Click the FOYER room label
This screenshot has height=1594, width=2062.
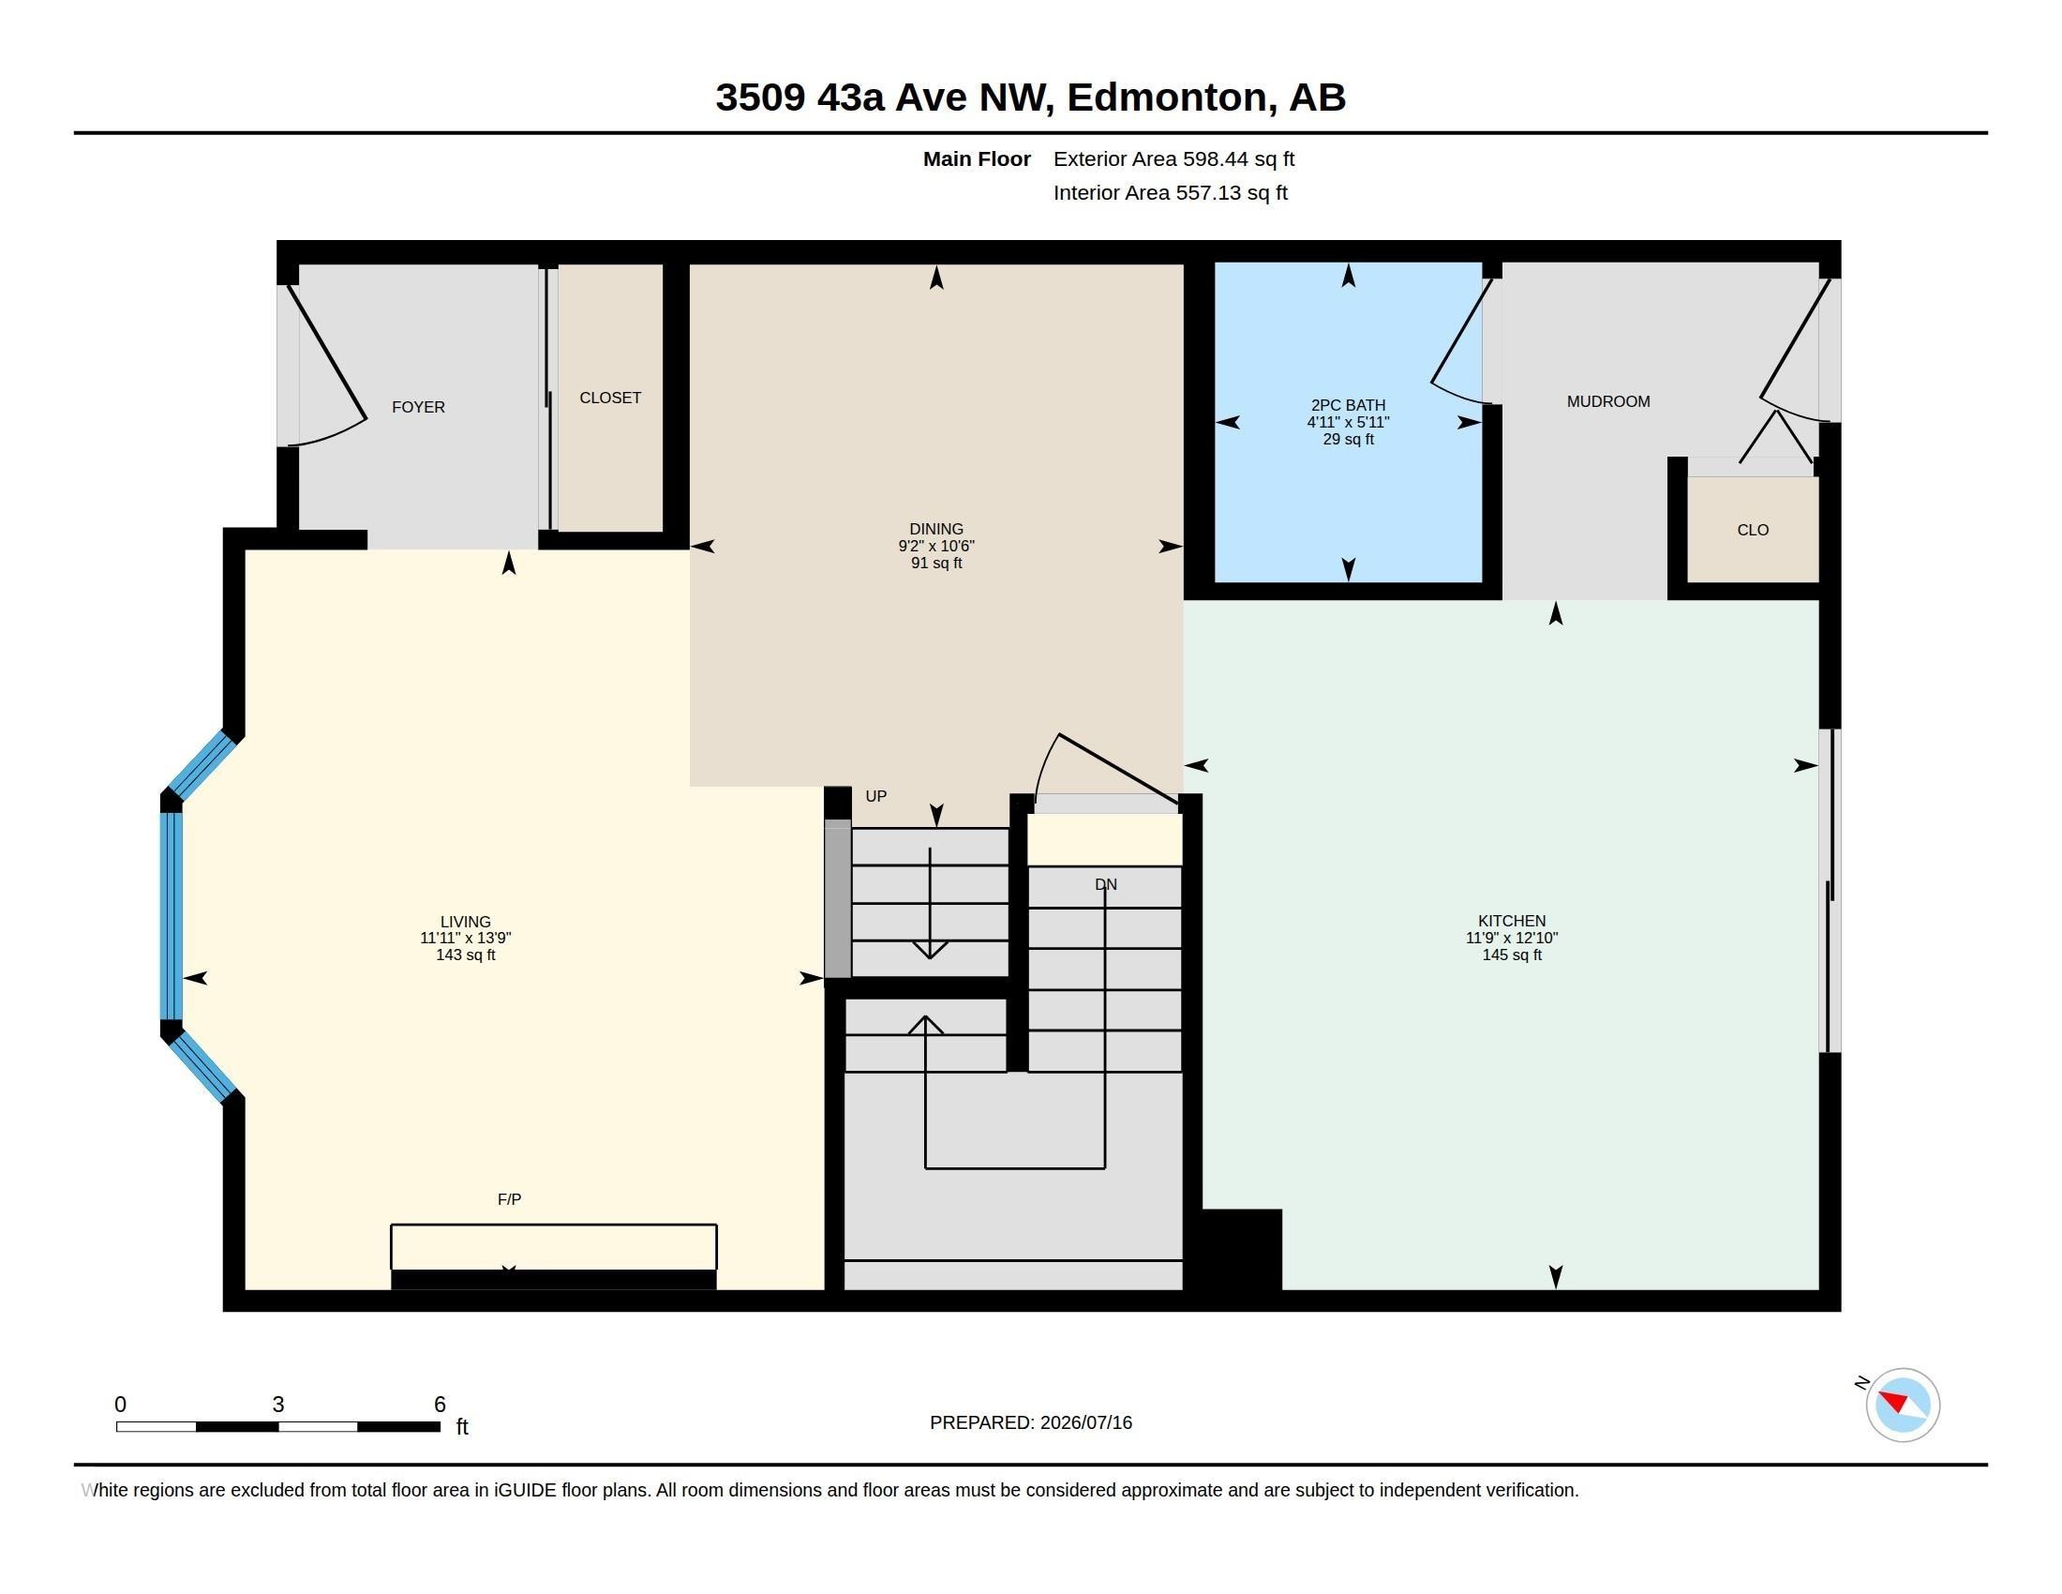[418, 407]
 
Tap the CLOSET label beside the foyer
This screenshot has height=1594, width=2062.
[610, 398]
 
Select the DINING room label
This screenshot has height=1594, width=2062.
[935, 529]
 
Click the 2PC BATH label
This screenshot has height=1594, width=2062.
[1348, 405]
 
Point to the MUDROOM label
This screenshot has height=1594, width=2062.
[1608, 401]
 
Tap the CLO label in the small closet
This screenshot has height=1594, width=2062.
[1753, 530]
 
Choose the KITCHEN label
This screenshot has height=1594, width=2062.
[1512, 921]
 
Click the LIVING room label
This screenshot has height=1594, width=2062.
[466, 922]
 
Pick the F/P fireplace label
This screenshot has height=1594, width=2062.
[509, 1199]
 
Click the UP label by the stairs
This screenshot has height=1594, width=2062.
[876, 796]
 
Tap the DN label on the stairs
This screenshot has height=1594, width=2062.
[1106, 885]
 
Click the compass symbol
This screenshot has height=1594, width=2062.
[1903, 1405]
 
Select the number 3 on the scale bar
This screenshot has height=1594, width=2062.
[278, 1405]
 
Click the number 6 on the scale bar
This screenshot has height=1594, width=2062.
[440, 1405]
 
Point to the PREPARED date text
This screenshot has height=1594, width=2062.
[1031, 1422]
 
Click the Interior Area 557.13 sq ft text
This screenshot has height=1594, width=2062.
[1171, 192]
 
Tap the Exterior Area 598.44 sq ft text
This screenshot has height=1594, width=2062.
[1173, 158]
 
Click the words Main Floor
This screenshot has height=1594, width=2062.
[977, 158]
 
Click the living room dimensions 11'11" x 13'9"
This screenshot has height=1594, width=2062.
[466, 938]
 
